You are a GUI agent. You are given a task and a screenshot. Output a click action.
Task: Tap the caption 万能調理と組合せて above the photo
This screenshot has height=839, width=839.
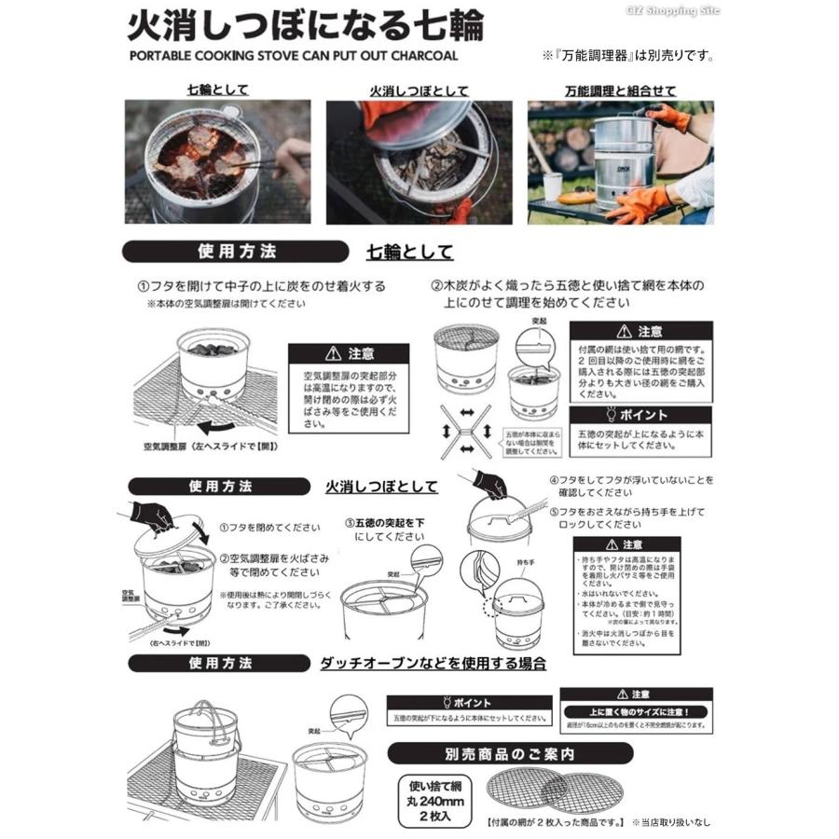coord(621,90)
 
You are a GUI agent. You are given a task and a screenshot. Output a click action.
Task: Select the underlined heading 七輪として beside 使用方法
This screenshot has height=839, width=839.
coord(410,252)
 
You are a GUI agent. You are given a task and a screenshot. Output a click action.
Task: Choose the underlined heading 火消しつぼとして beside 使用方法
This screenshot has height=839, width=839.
coord(381,487)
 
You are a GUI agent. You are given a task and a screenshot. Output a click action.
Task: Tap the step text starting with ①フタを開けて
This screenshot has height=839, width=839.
coord(262,286)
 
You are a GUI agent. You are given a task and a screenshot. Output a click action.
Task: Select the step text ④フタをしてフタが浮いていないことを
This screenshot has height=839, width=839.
coord(630,479)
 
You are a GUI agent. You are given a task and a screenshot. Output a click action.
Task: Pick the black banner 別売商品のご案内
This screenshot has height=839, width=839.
coord(510,752)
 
